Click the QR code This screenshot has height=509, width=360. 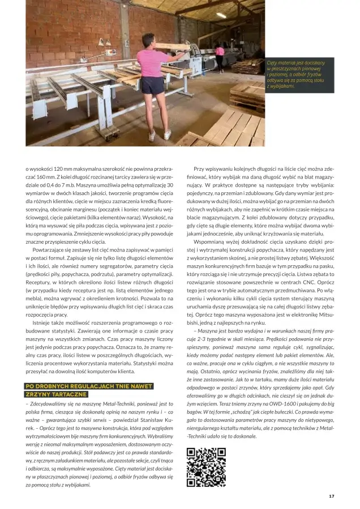pyautogui.click(x=206, y=467)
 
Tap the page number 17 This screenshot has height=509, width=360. pyautogui.click(x=331, y=496)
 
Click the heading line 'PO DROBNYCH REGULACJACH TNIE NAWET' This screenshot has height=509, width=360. pyautogui.click(x=89, y=386)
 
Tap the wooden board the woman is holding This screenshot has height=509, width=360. pyautogui.click(x=173, y=46)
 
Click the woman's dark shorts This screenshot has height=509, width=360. pyautogui.click(x=152, y=85)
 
